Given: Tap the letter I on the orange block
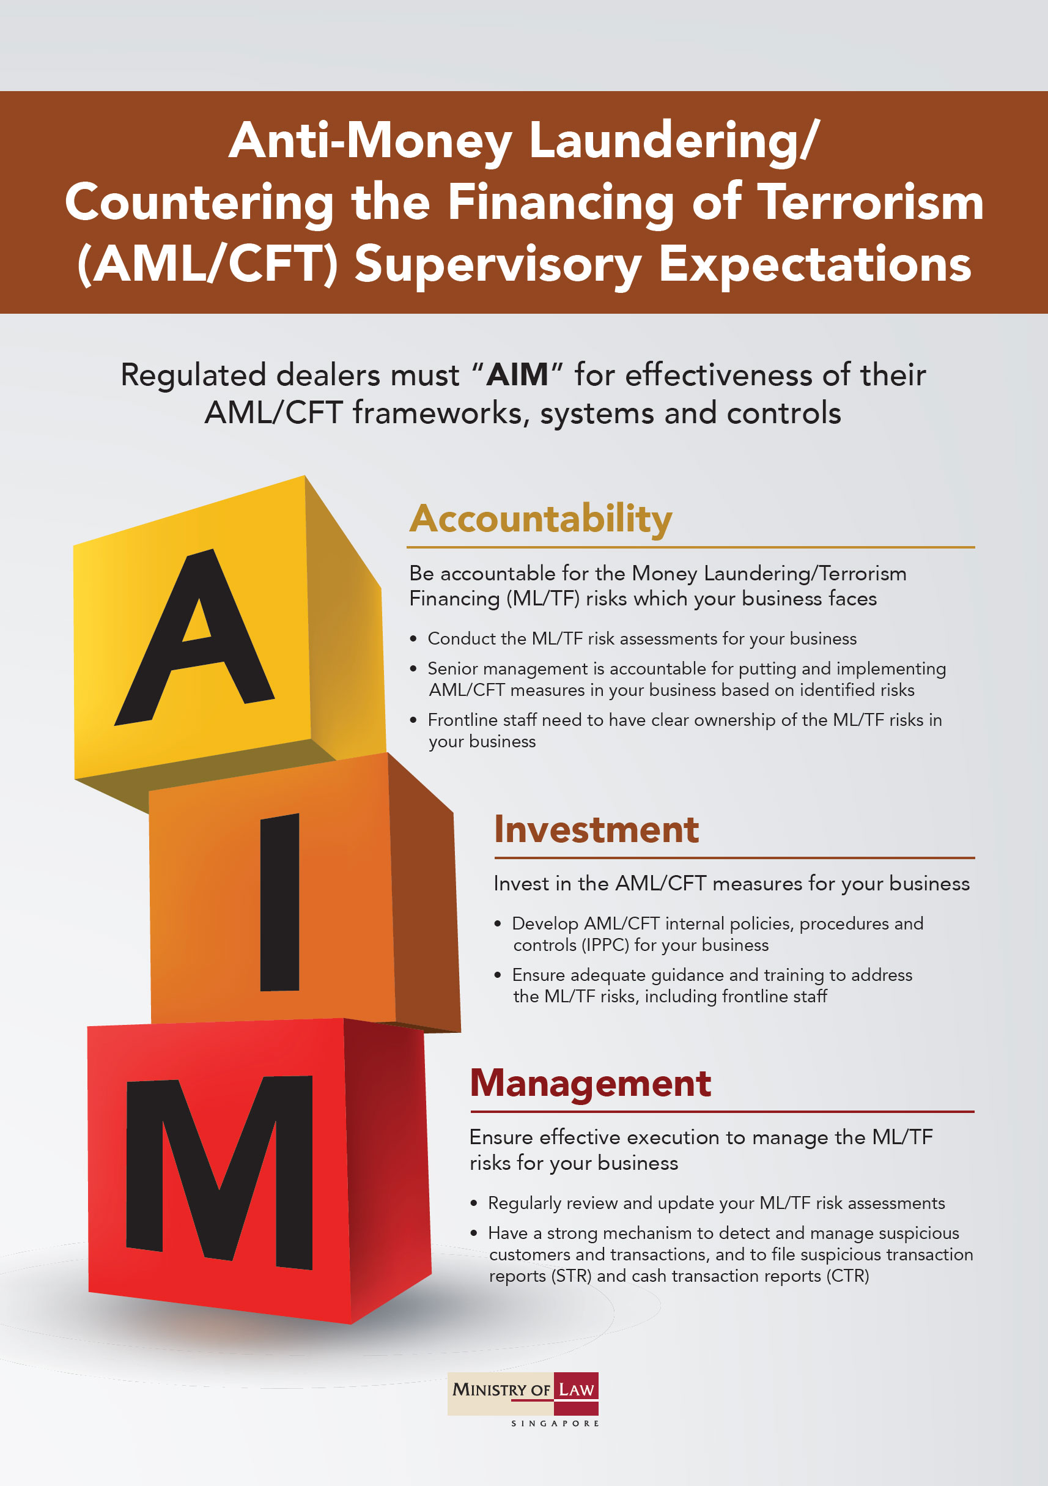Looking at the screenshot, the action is tap(279, 902).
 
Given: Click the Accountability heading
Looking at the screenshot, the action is tap(541, 520).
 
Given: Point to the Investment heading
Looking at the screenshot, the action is tap(596, 830).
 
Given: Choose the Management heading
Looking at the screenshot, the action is tap(591, 1085).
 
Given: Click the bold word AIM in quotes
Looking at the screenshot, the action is tap(517, 375).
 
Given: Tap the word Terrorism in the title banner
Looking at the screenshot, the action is tap(871, 202).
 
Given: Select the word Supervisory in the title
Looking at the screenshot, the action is tap(498, 265).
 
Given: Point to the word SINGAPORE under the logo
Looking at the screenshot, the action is tap(555, 1424).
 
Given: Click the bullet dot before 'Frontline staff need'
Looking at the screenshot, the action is tap(413, 720).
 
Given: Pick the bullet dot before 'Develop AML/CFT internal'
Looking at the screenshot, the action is tap(497, 923).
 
